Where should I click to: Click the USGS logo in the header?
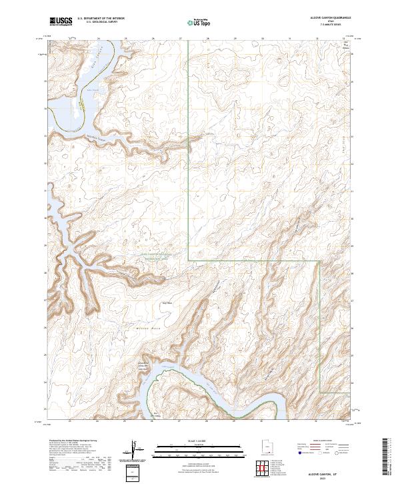click(x=61, y=21)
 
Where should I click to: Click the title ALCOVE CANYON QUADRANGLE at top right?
click(x=326, y=18)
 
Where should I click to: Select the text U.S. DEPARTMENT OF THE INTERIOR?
click(x=101, y=19)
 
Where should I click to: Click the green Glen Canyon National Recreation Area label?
click(x=154, y=256)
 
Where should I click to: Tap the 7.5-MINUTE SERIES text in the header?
click(x=326, y=25)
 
